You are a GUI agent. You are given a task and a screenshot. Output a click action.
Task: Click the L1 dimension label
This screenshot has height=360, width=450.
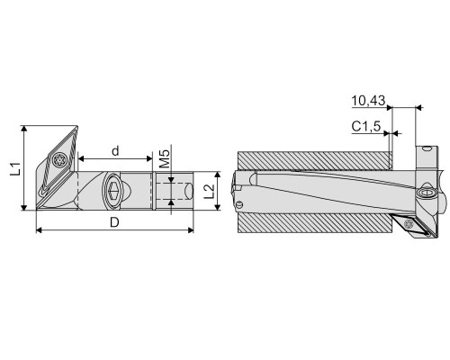pyautogui.click(x=15, y=168)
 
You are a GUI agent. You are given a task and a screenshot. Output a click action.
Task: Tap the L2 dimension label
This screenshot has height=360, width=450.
pyautogui.click(x=209, y=191)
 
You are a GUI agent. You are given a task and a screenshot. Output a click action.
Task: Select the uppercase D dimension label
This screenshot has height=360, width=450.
pyautogui.click(x=114, y=222)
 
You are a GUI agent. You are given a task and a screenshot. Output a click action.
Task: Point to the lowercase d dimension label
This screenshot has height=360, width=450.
pyautogui.click(x=115, y=151)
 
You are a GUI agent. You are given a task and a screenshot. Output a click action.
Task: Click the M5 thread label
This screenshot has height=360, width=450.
pyautogui.click(x=165, y=158)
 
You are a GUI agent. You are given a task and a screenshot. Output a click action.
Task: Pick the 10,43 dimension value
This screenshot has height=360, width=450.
pyautogui.click(x=368, y=101)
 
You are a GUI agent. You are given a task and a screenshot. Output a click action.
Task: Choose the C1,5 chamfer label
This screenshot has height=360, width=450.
pyautogui.click(x=366, y=126)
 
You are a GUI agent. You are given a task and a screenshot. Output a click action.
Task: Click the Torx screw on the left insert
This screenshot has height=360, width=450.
pyautogui.click(x=58, y=159)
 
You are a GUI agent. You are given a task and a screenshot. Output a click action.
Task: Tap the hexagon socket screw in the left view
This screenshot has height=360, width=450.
pyautogui.click(x=112, y=189)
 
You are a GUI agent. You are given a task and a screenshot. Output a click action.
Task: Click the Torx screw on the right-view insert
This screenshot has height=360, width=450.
pyautogui.click(x=409, y=223)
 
